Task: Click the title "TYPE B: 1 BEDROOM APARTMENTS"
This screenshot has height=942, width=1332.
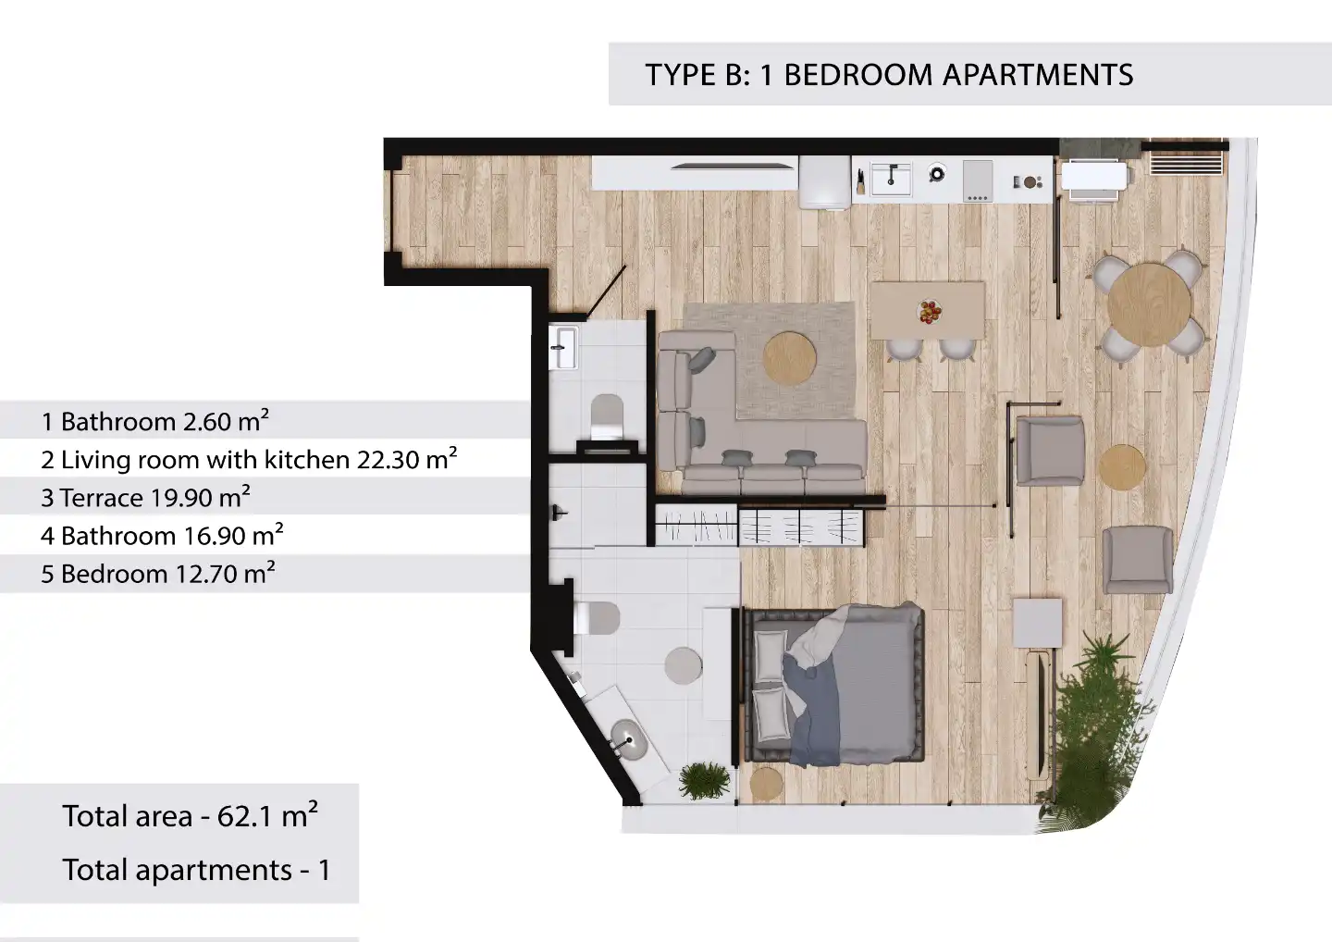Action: click(889, 75)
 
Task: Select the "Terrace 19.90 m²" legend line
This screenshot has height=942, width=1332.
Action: click(145, 497)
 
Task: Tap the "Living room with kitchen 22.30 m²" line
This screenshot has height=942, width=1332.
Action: click(249, 459)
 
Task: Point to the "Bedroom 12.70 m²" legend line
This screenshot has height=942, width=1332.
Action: click(157, 573)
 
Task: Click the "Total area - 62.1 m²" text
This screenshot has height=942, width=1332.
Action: click(191, 815)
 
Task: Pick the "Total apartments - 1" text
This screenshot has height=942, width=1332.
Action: click(196, 870)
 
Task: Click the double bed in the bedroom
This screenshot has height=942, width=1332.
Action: click(834, 684)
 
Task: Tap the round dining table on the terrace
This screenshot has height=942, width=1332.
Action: click(1150, 305)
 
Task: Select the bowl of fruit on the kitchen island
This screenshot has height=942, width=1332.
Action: click(930, 312)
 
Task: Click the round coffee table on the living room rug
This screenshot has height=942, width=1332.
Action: click(789, 358)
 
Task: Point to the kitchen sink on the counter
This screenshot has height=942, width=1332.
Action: click(890, 178)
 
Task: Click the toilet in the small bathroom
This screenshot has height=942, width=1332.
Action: click(607, 415)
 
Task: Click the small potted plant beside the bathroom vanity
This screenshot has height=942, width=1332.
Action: click(704, 780)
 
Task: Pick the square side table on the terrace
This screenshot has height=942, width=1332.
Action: click(1037, 623)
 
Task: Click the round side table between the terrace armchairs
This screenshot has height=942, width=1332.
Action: click(1121, 467)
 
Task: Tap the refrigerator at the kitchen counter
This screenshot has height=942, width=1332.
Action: click(825, 182)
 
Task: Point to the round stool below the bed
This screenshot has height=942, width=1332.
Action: click(766, 783)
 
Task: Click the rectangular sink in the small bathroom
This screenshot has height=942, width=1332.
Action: click(562, 347)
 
